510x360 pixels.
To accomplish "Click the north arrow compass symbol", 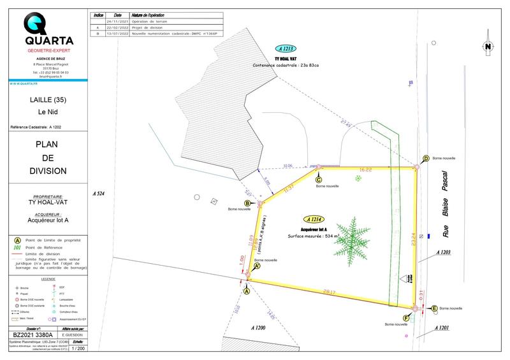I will point(487,45).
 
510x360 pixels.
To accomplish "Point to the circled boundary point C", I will point(319,180).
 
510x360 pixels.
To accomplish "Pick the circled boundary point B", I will point(247,203).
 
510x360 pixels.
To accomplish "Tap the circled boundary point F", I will point(406,317).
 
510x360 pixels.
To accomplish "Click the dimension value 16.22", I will point(366,170).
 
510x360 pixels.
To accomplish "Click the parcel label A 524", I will point(98,192).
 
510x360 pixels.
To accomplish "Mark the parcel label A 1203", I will point(444,252).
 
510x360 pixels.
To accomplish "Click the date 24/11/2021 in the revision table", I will point(117,22).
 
